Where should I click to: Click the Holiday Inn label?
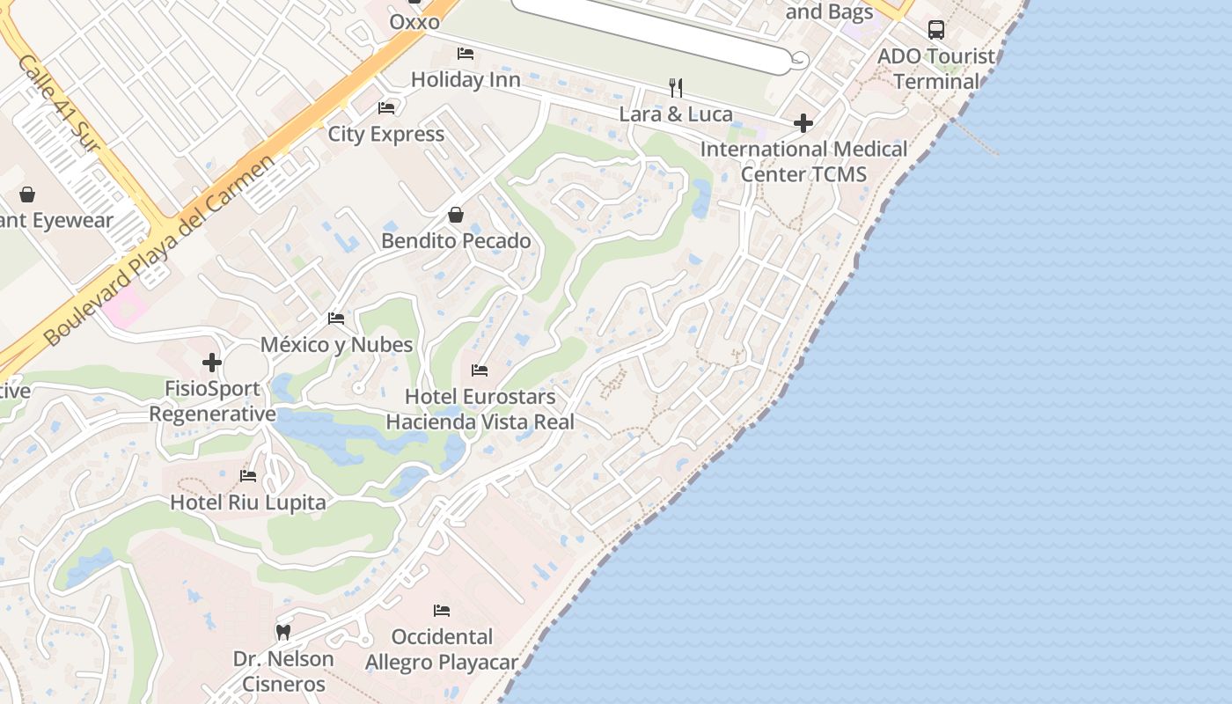[x=466, y=80]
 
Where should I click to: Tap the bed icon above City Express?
[x=386, y=108]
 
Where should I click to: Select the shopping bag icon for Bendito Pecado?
[x=456, y=215]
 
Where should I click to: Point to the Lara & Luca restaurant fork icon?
[x=676, y=87]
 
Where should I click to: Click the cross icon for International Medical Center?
[x=803, y=123]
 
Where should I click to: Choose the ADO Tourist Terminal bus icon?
[x=936, y=30]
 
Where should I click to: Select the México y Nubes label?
[x=337, y=345]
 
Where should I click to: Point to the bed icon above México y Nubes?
[x=336, y=319]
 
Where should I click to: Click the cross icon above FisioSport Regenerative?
[x=211, y=363]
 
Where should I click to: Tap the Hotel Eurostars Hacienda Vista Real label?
[x=480, y=409]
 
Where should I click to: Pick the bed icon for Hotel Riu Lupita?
[x=248, y=476]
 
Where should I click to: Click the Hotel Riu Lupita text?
[x=248, y=502]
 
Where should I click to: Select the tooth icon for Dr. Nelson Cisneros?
[x=283, y=632]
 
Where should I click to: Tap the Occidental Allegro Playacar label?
[x=442, y=649]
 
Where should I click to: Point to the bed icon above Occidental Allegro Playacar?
[x=442, y=611]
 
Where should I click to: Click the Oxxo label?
[x=414, y=22]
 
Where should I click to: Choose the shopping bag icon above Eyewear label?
[x=27, y=194]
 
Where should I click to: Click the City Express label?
[x=386, y=135]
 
